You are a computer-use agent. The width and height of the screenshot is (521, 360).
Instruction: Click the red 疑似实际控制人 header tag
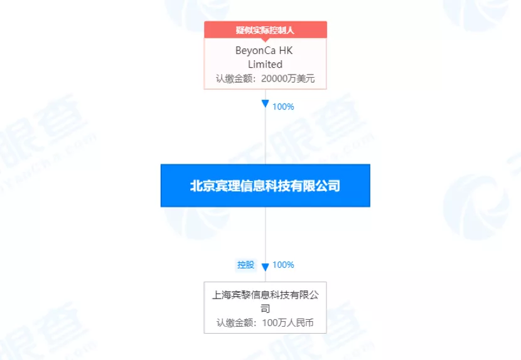265,30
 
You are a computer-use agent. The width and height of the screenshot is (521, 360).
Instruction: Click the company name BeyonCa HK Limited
264,57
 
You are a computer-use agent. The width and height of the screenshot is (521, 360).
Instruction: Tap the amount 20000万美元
287,78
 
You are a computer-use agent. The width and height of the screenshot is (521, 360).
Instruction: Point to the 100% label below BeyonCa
283,107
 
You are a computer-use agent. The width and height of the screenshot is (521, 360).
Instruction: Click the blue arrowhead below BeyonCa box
265,103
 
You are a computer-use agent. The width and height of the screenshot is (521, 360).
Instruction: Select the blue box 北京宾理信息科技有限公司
265,185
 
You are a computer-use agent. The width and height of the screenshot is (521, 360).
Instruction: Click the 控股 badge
246,265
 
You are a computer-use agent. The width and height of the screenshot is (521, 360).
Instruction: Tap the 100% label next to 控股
283,265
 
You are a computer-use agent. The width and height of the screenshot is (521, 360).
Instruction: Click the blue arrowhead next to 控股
265,267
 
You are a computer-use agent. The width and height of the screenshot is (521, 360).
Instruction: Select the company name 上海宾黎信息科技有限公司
265,302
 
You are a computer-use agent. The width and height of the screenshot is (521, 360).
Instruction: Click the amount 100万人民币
287,323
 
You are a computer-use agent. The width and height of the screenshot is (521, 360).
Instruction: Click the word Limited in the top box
265,64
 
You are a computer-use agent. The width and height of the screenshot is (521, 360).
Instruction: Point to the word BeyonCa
255,50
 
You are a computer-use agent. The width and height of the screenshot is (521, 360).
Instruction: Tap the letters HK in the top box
286,50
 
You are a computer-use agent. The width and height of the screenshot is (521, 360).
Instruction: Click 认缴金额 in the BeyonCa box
235,78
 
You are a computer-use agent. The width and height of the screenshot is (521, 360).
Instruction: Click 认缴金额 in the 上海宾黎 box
235,323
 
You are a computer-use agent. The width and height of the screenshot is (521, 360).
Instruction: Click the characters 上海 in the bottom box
222,295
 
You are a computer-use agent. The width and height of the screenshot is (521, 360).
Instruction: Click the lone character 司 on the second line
265,309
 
